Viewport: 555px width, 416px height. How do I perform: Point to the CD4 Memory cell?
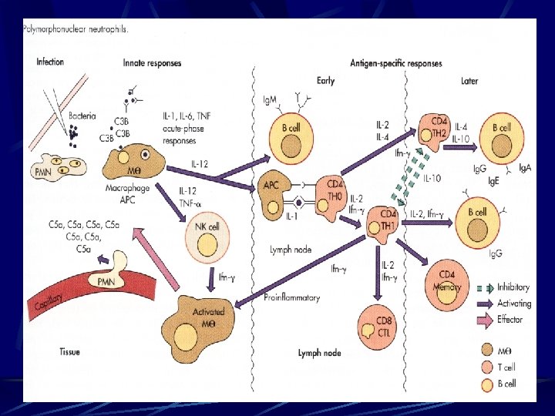446,281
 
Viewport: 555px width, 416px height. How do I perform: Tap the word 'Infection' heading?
50,62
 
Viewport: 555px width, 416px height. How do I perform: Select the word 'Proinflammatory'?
291,297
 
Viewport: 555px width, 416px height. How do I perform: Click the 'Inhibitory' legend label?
513,287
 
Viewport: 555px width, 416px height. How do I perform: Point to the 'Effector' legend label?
510,319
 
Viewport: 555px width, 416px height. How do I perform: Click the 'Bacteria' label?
82,116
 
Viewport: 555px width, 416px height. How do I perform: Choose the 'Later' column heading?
469,81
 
